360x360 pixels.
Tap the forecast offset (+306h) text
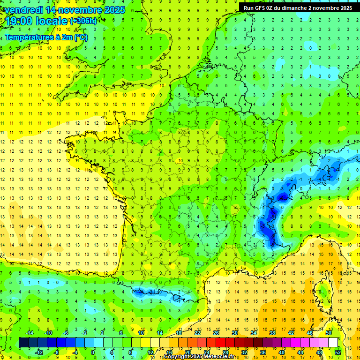coord(83,21)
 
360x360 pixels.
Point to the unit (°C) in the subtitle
coord(81,37)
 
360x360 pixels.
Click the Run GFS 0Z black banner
coord(298,7)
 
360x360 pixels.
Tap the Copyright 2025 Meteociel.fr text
coord(199,357)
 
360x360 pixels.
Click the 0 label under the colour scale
coord(92,352)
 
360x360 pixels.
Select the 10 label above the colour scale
coord(141,333)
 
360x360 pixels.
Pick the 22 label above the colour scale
coord(197,333)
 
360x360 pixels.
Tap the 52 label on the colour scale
coord(338,352)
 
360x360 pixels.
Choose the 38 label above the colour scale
coord(272,333)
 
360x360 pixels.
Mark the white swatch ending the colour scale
coord(333,343)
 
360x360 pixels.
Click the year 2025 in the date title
coord(112,10)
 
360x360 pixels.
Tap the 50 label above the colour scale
coord(329,333)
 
